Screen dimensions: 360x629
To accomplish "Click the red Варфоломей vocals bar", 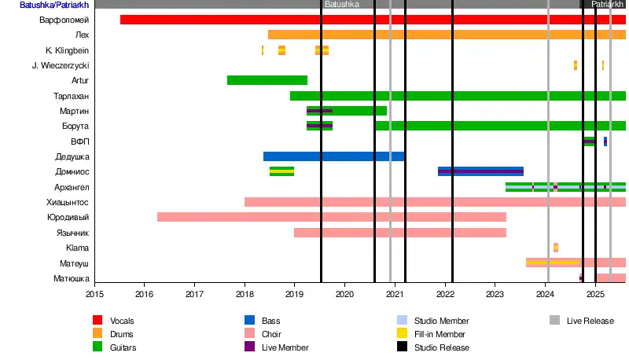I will point(370,20).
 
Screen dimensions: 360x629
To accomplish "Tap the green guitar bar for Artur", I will point(267,80).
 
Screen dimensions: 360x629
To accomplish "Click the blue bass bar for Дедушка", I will point(333,156).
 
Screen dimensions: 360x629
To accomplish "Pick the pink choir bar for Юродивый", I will point(331,217).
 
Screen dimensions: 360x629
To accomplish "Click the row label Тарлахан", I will point(71,96).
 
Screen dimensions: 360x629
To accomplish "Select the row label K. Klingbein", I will point(67,50).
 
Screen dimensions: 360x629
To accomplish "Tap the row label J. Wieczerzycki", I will point(61,65).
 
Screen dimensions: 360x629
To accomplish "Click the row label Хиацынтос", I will point(68,202).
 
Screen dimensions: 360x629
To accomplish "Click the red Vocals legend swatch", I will point(97,321).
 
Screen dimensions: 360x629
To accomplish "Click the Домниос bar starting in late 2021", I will point(480,171).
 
